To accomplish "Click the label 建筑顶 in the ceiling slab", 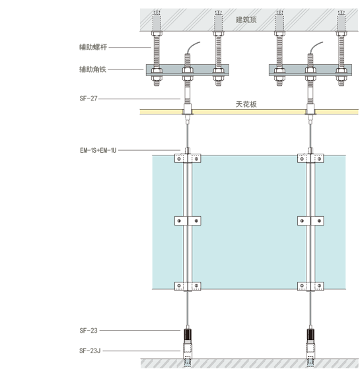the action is click(246, 19).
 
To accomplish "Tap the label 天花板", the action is click(246, 104).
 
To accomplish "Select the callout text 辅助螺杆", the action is click(93, 47).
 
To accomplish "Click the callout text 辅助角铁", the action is click(92, 69).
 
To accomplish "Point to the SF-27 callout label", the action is click(89, 99).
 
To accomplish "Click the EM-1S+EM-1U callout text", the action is click(98, 150).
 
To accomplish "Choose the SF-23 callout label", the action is click(89, 330).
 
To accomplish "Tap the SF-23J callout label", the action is click(90, 351).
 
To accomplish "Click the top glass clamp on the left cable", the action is click(188, 159).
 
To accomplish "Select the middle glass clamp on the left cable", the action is click(188, 221).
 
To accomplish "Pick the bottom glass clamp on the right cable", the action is click(310, 286).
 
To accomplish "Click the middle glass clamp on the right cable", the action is click(310, 221).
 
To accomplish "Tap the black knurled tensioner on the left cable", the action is click(188, 334).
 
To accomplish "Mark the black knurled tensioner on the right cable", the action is click(310, 334).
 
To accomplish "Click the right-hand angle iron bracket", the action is click(310, 70).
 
